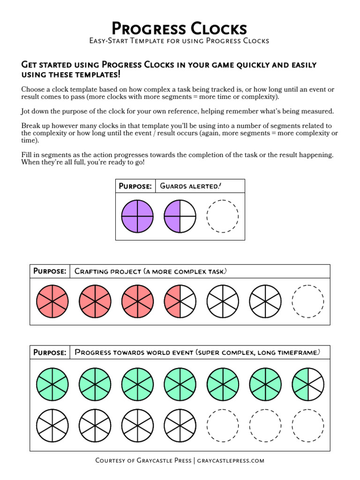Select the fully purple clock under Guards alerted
pyautogui.click(x=137, y=217)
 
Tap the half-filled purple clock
pyautogui.click(x=180, y=217)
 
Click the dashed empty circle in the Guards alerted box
pyautogui.click(x=223, y=217)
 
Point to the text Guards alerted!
pyautogui.click(x=190, y=186)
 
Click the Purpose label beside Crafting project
pyautogui.click(x=50, y=271)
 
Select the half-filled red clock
pyautogui.click(x=180, y=300)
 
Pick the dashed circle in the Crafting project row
pyautogui.click(x=308, y=300)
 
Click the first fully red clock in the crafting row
pyautogui.click(x=52, y=300)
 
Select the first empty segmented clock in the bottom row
pyautogui.click(x=52, y=425)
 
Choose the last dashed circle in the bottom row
pyautogui.click(x=308, y=425)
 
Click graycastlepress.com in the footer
pyautogui.click(x=231, y=460)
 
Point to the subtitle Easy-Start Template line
pyautogui.click(x=180, y=41)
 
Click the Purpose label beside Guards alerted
pyautogui.click(x=135, y=186)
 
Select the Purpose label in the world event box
pyautogui.click(x=50, y=352)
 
